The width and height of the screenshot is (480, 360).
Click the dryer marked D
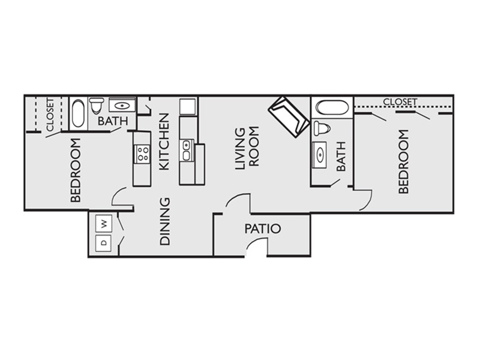pos(104,244)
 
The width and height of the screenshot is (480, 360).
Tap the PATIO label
pos(263,229)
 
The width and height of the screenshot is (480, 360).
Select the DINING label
pos(164,221)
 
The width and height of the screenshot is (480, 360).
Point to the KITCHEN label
pos(164,142)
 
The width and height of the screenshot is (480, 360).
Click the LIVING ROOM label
pos(247,148)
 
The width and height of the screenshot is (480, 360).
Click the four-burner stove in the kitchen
pos(142,154)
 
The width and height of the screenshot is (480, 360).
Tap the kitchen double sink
pos(187,151)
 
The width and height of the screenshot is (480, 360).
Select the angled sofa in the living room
pos(289,117)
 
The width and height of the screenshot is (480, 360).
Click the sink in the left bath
pos(122,105)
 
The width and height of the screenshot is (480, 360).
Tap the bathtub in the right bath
pos(332,107)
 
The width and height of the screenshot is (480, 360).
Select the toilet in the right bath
pos(322,127)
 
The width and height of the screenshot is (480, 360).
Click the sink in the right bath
pos(320,155)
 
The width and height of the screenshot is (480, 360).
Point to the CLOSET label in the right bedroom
pos(400,101)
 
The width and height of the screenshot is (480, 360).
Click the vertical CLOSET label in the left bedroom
pos(50,115)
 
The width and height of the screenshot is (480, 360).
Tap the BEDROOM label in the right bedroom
pos(404,161)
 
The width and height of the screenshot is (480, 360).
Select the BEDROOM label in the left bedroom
pos(76,170)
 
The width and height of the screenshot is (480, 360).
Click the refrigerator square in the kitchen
pos(188,106)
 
